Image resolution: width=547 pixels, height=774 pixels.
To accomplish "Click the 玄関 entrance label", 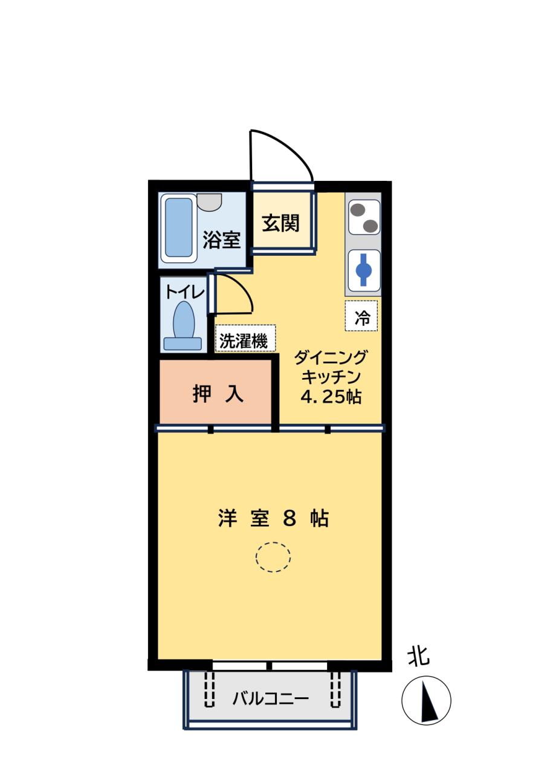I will pos(281,224).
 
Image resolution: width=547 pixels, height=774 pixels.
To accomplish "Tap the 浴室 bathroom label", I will pos(222,241).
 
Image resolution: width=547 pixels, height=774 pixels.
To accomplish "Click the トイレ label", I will pos(185,291).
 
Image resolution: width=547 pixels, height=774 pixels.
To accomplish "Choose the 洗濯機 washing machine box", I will pos(244,340).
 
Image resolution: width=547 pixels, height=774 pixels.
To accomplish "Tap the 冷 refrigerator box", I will pos(361,316).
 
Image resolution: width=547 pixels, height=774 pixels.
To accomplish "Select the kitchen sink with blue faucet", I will pos(364,270).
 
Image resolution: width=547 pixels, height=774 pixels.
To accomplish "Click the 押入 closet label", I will pos(218,394).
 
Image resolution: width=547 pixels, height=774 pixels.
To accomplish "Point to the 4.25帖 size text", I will pos(331,397).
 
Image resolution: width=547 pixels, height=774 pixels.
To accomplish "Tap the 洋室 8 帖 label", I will pos(273,518).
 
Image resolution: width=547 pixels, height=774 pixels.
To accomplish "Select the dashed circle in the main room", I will pos(273,556).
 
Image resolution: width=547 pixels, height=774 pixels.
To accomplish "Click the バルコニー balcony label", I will pos(271,699).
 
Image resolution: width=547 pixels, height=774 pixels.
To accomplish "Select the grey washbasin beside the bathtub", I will pos(209,201).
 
